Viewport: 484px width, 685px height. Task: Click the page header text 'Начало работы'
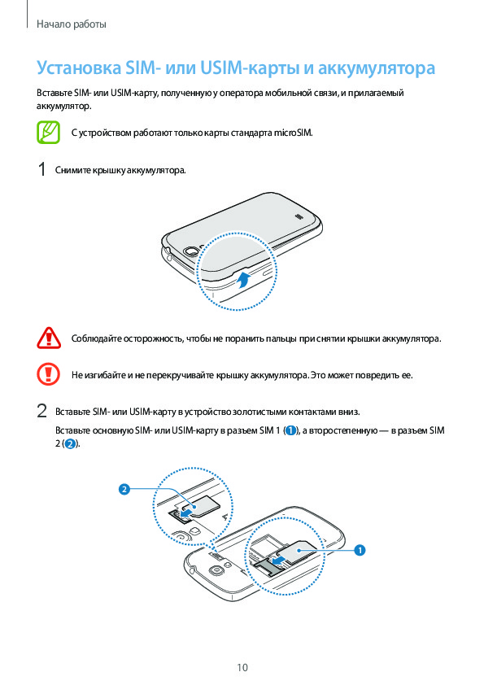[72, 24]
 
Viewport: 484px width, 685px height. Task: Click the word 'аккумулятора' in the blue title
[376, 68]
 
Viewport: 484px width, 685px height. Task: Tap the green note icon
[48, 132]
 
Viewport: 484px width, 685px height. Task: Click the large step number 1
[41, 169]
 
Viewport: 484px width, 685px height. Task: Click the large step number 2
[41, 412]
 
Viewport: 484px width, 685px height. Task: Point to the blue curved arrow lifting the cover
[244, 280]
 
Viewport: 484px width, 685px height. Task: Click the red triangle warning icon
[49, 338]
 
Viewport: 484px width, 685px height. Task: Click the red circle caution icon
[48, 374]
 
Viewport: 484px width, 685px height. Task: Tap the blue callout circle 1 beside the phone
[359, 550]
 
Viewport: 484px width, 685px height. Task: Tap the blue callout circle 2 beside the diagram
[124, 489]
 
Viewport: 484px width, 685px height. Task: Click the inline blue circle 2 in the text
[69, 444]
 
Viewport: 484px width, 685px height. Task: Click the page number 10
[242, 667]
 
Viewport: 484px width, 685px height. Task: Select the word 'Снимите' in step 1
[72, 170]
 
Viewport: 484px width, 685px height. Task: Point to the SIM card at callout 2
[202, 507]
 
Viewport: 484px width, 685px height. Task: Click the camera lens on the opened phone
[215, 570]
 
